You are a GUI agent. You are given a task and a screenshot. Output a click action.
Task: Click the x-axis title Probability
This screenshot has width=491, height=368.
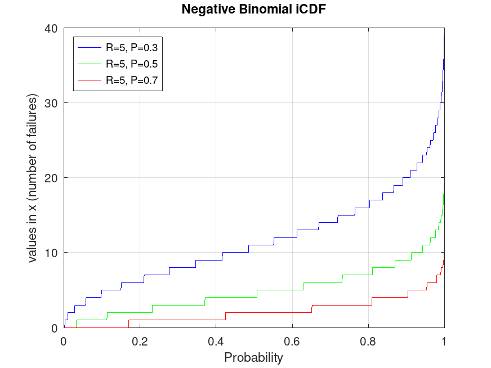253,357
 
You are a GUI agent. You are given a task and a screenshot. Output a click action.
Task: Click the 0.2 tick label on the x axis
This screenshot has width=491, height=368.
140,340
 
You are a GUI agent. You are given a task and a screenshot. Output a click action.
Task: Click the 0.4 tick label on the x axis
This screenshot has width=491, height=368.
216,340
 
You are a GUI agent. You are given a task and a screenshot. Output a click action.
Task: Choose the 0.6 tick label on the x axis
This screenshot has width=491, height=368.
292,340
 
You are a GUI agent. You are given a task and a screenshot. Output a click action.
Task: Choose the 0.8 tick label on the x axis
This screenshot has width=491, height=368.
368,340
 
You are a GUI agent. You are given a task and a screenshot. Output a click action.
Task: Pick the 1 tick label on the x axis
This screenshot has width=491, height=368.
444,340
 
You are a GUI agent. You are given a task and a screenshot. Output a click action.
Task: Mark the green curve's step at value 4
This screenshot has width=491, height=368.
231,297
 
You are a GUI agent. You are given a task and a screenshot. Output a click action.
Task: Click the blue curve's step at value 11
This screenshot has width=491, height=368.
261,245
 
